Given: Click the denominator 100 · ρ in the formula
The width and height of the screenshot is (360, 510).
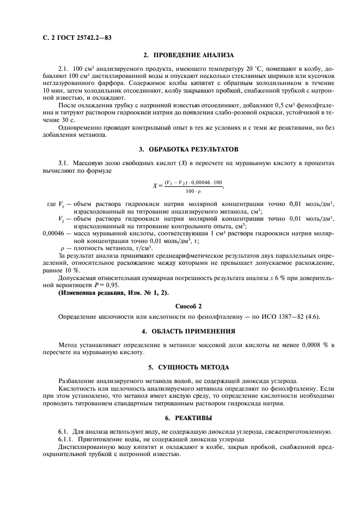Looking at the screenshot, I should pyautogui.click(x=193, y=191).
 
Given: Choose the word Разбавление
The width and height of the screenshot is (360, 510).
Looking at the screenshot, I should pyautogui.click(x=77, y=381).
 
